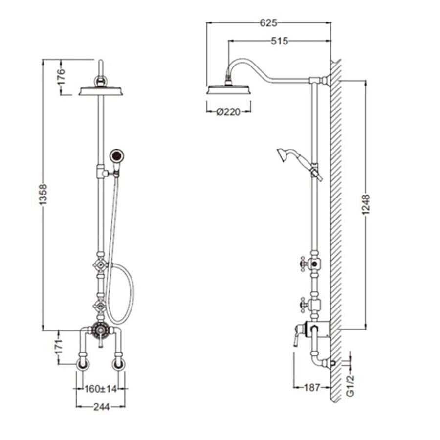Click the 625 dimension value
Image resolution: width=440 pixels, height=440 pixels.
(x=268, y=22)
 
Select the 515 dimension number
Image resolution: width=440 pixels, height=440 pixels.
(x=280, y=41)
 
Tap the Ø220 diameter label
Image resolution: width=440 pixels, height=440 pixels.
(x=228, y=112)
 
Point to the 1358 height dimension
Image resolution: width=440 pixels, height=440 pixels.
(x=43, y=195)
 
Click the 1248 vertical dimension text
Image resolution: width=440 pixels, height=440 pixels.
(x=366, y=204)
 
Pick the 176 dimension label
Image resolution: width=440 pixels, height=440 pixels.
(x=61, y=76)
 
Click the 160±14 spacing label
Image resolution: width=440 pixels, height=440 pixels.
(x=101, y=389)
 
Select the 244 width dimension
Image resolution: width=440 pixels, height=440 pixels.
(x=101, y=407)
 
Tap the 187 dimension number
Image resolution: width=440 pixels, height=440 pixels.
(x=312, y=388)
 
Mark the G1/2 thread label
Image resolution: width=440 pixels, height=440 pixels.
(x=351, y=386)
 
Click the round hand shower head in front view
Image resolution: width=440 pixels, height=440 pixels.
(x=116, y=155)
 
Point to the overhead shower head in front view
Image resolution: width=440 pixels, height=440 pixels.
(x=101, y=90)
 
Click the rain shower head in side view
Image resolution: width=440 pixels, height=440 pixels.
(x=228, y=90)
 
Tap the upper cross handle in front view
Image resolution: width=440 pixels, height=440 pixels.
(x=100, y=265)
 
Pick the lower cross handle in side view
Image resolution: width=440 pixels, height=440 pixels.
(x=304, y=305)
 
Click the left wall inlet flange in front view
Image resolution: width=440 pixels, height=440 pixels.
(x=83, y=364)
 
